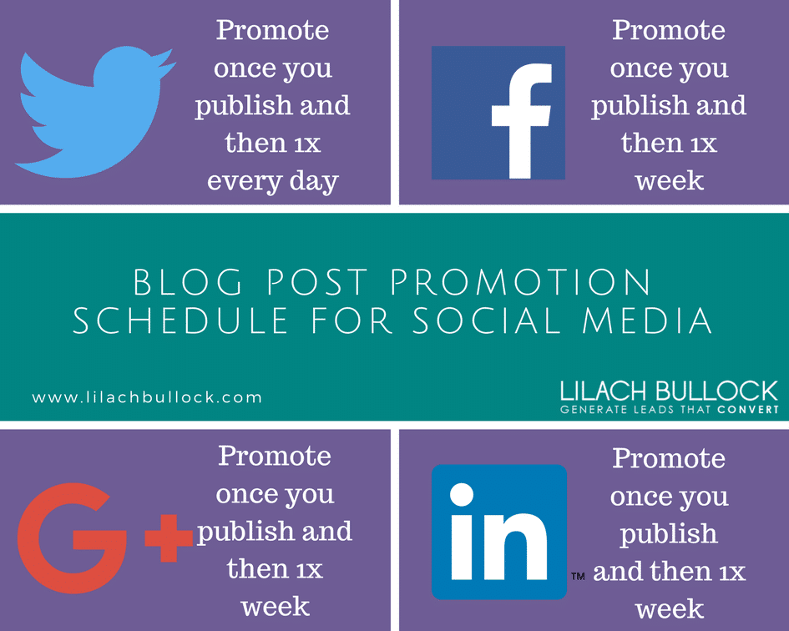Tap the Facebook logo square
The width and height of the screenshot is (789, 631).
click(x=498, y=113)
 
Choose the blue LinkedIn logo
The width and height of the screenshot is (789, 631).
click(x=498, y=531)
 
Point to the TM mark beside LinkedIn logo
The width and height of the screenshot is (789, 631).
click(x=577, y=577)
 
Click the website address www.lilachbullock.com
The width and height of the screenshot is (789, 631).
click(x=147, y=397)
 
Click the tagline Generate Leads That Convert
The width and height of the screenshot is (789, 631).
click(x=669, y=410)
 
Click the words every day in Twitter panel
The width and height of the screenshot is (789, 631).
click(x=273, y=181)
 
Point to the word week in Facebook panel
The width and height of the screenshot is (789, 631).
click(x=669, y=181)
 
